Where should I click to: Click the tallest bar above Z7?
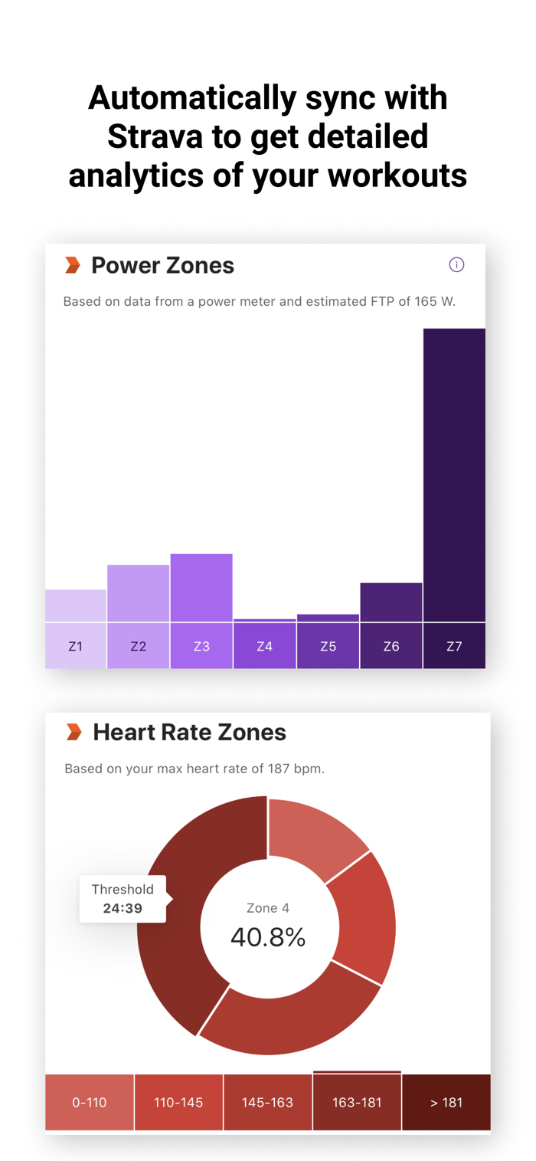[x=454, y=475]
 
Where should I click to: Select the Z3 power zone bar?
[x=201, y=588]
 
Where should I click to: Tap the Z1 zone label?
[x=75, y=646]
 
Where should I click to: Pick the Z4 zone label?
[x=264, y=646]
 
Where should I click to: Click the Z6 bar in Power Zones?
[x=391, y=602]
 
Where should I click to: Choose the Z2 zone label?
[x=138, y=646]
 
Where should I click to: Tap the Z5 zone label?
[x=328, y=646]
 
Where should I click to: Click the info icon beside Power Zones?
[x=456, y=265]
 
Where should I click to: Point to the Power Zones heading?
[x=162, y=266]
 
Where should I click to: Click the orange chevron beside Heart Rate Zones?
[x=74, y=733]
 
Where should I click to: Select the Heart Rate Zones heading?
[x=189, y=733]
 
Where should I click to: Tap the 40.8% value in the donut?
[x=268, y=936]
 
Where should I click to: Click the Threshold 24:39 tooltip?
[x=123, y=899]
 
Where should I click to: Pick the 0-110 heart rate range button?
[x=90, y=1103]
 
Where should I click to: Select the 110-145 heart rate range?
[x=178, y=1103]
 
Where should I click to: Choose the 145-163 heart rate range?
[x=267, y=1103]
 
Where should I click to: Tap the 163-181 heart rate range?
[x=357, y=1103]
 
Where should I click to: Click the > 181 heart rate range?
[x=446, y=1103]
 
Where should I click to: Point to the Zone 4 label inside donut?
[x=268, y=908]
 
